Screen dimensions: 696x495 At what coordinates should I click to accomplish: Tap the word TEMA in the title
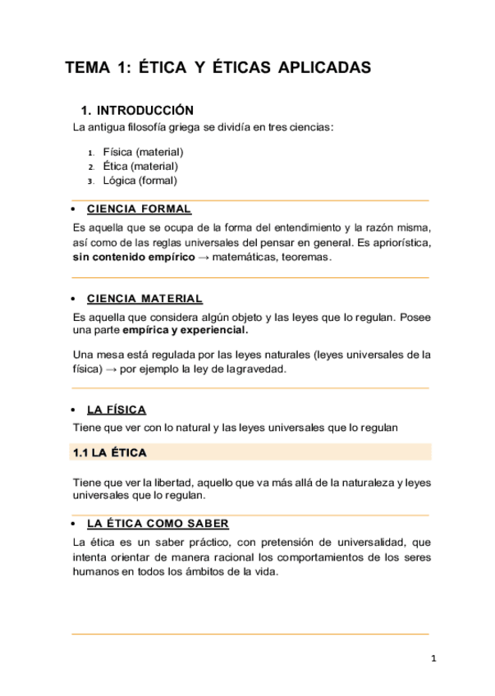[86, 68]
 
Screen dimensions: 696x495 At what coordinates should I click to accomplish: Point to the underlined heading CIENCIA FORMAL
[139, 209]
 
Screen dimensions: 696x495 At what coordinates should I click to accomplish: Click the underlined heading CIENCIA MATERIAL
[144, 299]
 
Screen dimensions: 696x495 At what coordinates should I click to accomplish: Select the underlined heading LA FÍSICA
[116, 410]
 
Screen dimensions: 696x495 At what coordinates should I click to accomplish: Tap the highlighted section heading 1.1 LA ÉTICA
[109, 452]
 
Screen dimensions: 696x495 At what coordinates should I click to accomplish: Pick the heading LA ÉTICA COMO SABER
[158, 523]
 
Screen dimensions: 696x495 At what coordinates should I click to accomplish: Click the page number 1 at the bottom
[433, 659]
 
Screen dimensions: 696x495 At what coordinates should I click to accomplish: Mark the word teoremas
[305, 257]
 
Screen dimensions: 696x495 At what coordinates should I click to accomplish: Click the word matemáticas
[245, 257]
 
